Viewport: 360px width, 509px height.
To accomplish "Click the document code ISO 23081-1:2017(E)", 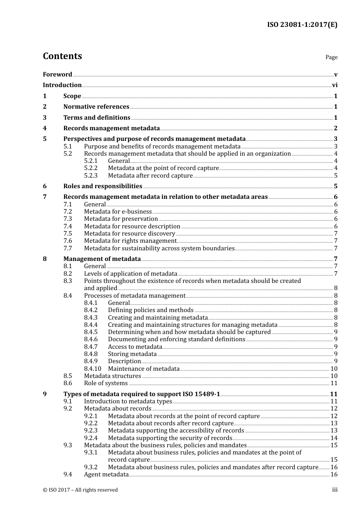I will pyautogui.click(x=302, y=25).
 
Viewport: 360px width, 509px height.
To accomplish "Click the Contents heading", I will pyautogui.click(x=62, y=56).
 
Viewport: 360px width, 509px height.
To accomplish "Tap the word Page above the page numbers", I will pyautogui.click(x=331, y=57).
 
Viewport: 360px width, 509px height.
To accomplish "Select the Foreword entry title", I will pyautogui.click(x=57, y=75).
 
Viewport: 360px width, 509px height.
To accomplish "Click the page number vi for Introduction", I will pyautogui.click(x=335, y=85).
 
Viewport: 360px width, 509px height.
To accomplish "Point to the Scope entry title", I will pyautogui.click(x=72, y=96).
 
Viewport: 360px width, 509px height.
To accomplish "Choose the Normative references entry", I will pyautogui.click(x=96, y=107).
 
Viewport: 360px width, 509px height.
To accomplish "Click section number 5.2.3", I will pyautogui.click(x=91, y=176).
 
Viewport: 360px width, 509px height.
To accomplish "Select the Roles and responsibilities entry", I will pyautogui.click(x=103, y=186).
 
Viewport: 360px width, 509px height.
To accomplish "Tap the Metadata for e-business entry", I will pyautogui.click(x=118, y=212).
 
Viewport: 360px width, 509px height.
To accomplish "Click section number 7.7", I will pyautogui.click(x=67, y=248).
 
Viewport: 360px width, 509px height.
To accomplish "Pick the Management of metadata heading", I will pyautogui.click(x=102, y=259).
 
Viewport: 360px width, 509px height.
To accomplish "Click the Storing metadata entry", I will pyautogui.click(x=132, y=354).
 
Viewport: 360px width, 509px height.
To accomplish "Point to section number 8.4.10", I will pyautogui.click(x=92, y=369).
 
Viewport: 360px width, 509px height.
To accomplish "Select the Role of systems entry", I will pyautogui.click(x=106, y=383).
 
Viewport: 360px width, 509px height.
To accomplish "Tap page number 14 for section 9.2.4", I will pyautogui.click(x=334, y=438).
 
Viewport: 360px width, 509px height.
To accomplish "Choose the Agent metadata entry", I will pyautogui.click(x=106, y=475).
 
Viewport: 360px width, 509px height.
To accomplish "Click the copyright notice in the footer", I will pyautogui.click(x=80, y=490).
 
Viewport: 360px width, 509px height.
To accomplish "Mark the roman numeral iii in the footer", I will pyautogui.click(x=335, y=490).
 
